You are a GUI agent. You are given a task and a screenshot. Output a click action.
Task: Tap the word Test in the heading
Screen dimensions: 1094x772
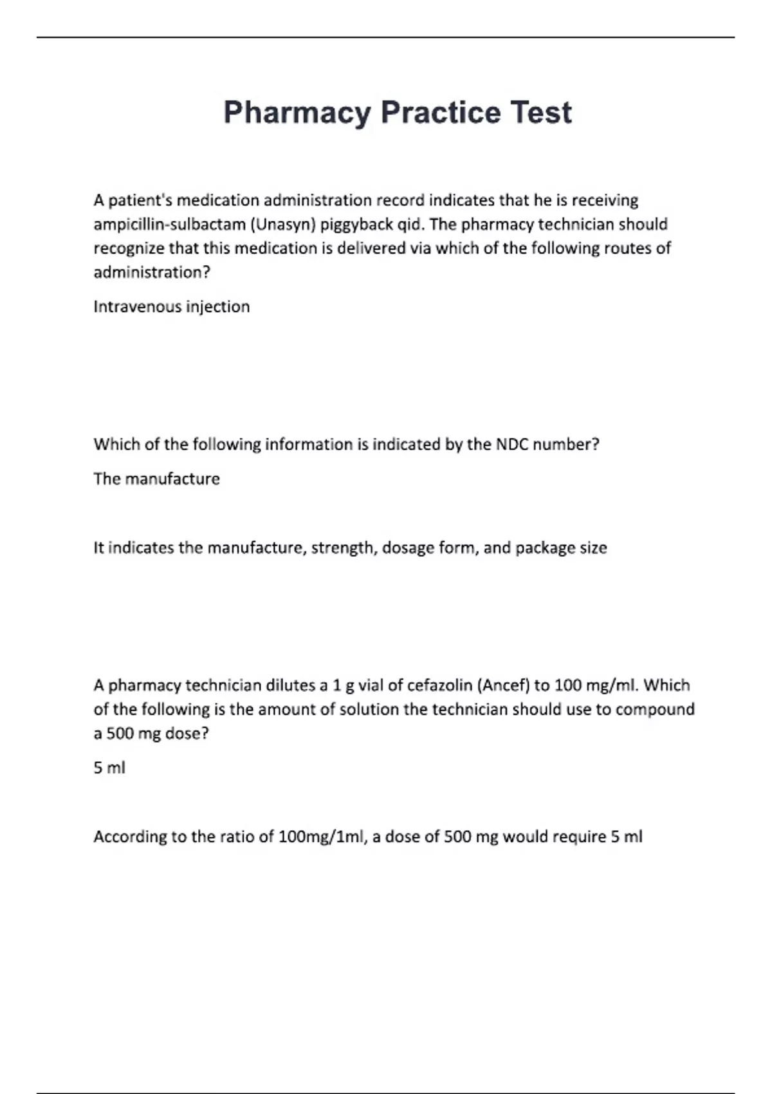point(541,112)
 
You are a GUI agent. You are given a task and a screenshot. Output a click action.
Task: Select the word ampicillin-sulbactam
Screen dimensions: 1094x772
point(169,225)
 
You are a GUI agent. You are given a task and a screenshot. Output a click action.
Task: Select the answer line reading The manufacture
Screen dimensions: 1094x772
point(156,479)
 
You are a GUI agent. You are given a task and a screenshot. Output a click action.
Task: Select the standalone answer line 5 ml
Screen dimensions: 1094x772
point(109,768)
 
